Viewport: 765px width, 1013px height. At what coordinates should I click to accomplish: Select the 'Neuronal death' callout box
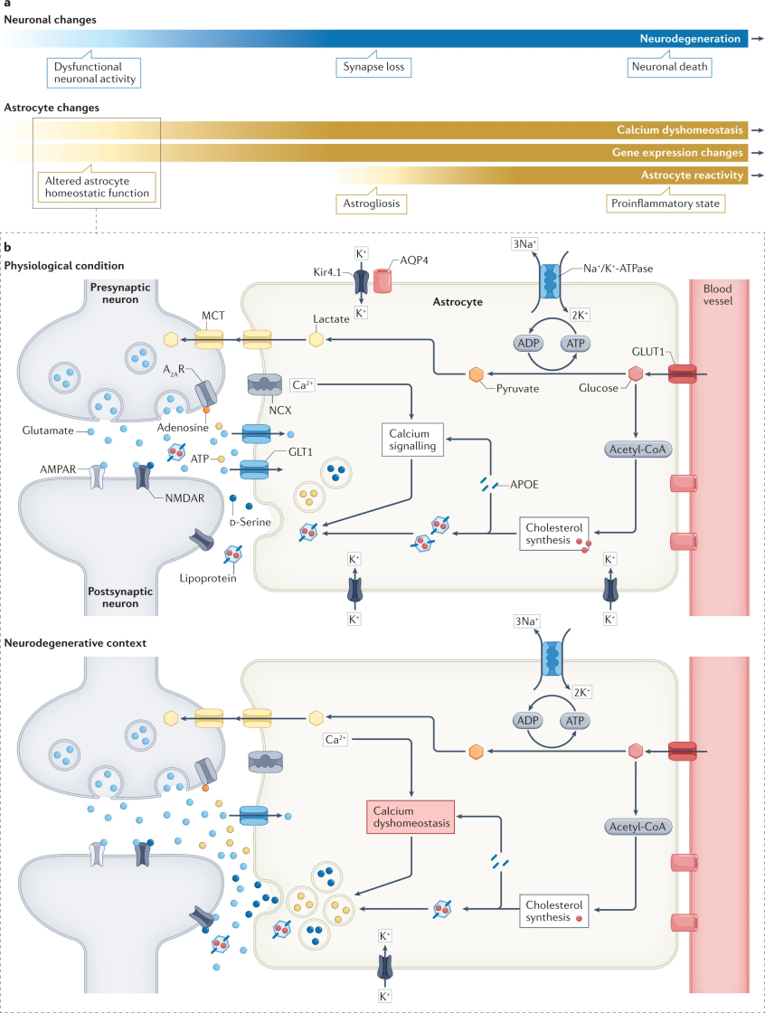coord(670,68)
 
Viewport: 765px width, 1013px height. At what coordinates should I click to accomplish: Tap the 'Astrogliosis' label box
coord(371,204)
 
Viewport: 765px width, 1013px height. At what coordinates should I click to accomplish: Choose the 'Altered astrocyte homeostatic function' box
coord(97,185)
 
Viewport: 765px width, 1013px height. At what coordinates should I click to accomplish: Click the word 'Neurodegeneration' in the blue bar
coord(690,39)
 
